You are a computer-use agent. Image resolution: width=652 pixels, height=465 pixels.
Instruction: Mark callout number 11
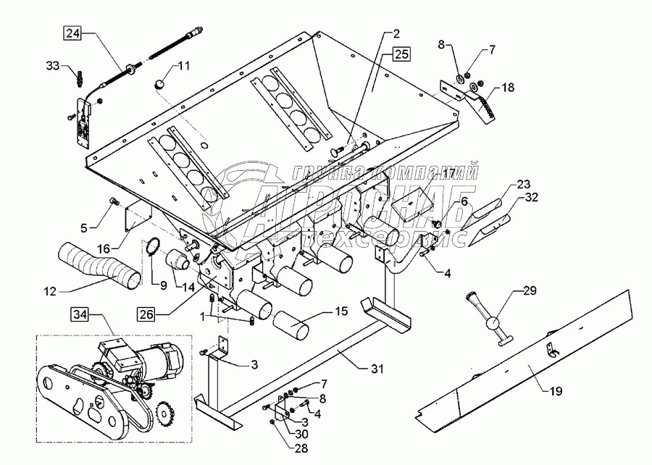184,67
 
